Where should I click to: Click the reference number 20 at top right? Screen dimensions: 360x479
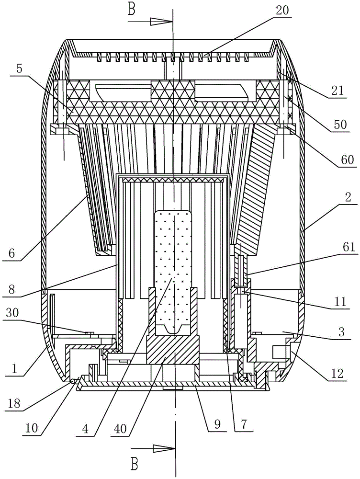[282, 11]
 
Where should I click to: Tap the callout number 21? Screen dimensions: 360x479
[337, 90]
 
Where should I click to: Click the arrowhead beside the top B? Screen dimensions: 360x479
[161, 22]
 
